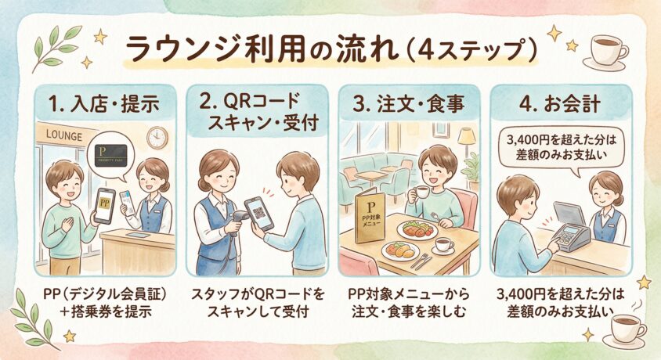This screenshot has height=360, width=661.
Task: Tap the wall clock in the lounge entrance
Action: click(x=157, y=138)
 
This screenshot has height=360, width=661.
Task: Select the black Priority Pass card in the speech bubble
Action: click(x=110, y=156)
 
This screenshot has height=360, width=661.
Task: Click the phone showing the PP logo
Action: click(x=104, y=206)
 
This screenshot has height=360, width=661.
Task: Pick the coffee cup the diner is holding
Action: click(x=421, y=193)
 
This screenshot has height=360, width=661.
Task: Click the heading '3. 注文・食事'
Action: click(x=409, y=104)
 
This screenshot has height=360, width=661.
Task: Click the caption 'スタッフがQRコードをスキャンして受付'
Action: click(x=258, y=303)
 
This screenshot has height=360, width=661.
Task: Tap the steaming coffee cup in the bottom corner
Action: click(x=626, y=329)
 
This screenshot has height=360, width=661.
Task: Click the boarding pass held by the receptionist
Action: click(x=125, y=202)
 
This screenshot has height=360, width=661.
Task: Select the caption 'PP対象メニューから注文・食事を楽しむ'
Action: click(x=409, y=303)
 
